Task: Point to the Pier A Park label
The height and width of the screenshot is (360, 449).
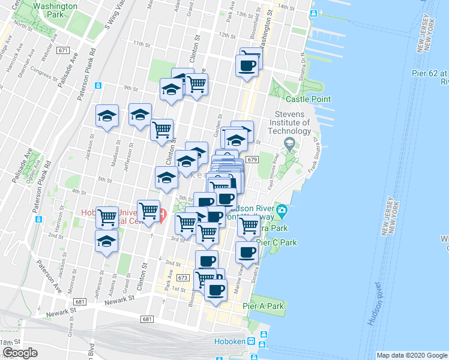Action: click(264, 306)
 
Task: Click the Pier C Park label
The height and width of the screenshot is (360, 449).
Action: click(277, 243)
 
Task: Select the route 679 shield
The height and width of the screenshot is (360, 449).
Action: click(252, 160)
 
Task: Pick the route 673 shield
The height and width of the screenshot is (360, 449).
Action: click(183, 278)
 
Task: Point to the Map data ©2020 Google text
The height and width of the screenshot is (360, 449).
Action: click(412, 355)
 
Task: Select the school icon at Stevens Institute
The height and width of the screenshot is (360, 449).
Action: click(290, 144)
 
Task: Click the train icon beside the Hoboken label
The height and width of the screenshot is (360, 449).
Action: click(253, 343)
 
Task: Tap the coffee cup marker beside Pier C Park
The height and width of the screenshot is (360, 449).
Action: click(246, 253)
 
